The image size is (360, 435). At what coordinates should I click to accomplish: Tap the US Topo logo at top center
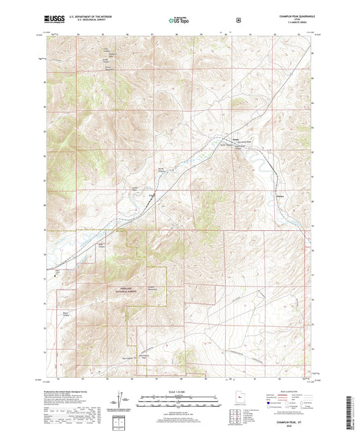179,21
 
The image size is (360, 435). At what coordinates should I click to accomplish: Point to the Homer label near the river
236,140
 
